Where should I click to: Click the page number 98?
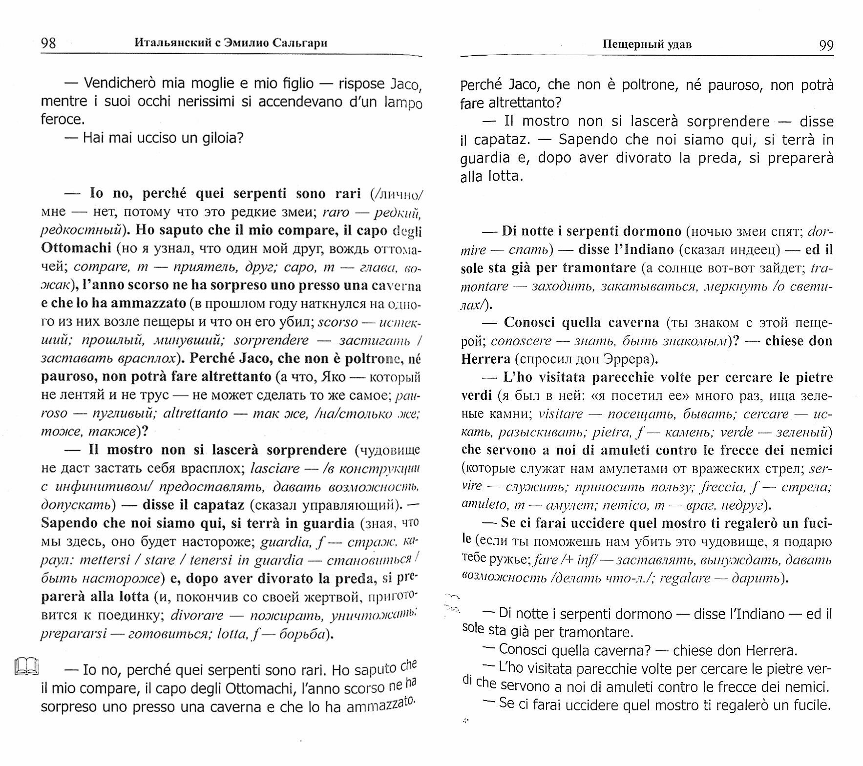click(x=48, y=43)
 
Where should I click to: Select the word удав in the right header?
click(x=679, y=44)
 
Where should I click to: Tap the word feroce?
click(x=62, y=120)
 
